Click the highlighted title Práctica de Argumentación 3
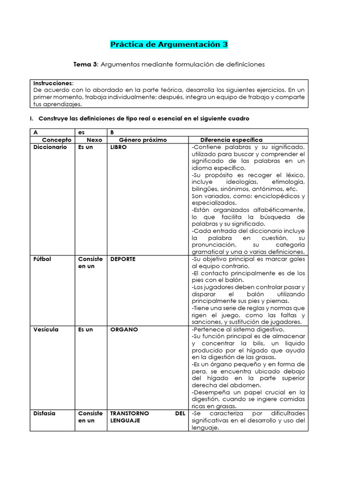(x=169, y=45)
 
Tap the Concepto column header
(x=57, y=140)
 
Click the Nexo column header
(x=94, y=140)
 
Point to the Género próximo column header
(x=142, y=140)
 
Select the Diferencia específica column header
(x=231, y=140)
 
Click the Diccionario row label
(x=51, y=147)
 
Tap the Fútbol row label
(x=43, y=259)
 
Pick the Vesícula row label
(x=46, y=330)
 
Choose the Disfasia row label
(x=45, y=413)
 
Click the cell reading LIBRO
(x=119, y=147)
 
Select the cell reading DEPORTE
(x=123, y=259)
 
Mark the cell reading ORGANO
(x=124, y=330)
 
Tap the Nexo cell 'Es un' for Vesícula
(x=85, y=330)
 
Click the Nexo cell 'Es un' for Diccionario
(x=85, y=147)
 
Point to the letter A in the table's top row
(x=36, y=133)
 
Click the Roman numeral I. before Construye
(x=31, y=119)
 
